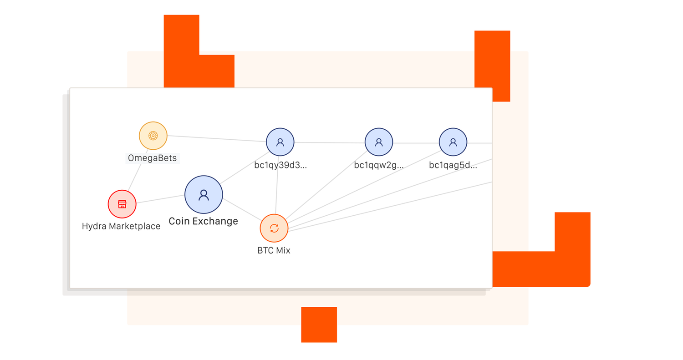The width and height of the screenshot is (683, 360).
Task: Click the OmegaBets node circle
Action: (153, 136)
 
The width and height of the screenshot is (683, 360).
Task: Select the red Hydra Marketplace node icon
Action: (122, 204)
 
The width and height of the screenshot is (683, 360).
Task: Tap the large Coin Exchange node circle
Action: (204, 195)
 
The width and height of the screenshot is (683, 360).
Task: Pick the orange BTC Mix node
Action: (274, 228)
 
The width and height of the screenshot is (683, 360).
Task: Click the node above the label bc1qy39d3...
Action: (280, 142)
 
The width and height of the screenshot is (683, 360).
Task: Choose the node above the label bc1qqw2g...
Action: (379, 142)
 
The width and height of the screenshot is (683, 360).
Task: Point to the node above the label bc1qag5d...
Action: (453, 142)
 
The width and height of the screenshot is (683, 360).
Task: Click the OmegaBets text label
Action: (153, 158)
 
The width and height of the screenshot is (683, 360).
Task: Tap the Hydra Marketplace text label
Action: (121, 226)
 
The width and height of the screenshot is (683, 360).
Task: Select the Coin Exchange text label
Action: (204, 222)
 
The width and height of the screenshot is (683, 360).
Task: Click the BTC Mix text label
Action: (274, 250)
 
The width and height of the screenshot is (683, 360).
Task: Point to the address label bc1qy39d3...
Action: (280, 165)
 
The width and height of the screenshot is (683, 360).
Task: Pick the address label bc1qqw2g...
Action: (379, 165)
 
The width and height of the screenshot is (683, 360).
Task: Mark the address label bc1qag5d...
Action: (453, 165)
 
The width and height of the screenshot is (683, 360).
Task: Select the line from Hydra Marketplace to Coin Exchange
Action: (160, 199)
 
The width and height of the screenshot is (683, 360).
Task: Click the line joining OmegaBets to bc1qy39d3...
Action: (216, 139)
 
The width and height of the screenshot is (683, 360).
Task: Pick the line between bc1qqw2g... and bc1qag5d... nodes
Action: (416, 143)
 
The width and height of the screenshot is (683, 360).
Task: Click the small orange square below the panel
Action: (319, 325)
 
